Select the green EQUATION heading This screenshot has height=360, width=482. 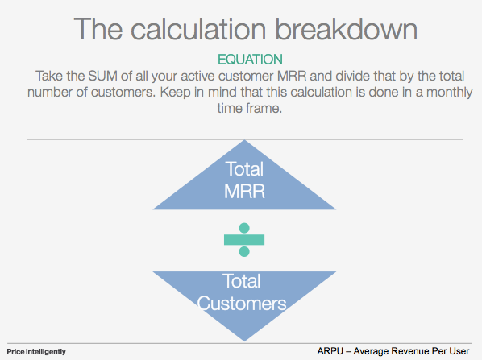click(250, 60)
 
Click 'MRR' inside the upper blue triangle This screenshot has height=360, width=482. click(244, 194)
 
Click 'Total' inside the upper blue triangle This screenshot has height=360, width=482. click(243, 171)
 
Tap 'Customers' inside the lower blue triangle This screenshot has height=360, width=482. click(243, 304)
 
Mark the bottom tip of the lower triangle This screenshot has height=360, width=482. click(243, 338)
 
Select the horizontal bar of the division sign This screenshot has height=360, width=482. click(244, 240)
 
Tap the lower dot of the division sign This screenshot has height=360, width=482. click(244, 251)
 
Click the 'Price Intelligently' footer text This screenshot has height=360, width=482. click(36, 352)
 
